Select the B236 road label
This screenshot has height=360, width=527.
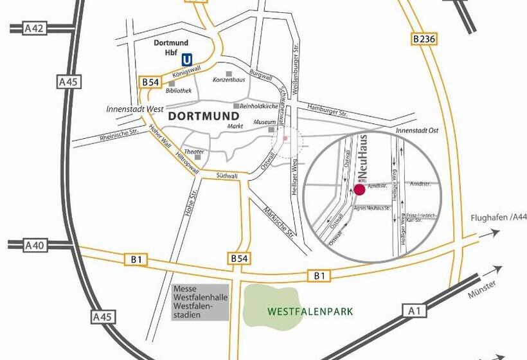pyautogui.click(x=424, y=39)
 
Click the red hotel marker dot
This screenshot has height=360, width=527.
pyautogui.click(x=359, y=189)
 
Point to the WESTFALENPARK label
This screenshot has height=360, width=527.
pyautogui.click(x=310, y=312)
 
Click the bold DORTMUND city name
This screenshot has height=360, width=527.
pyautogui.click(x=202, y=117)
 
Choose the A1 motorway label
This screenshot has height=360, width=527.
pyautogui.click(x=416, y=310)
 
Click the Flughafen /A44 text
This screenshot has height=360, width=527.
pyautogui.click(x=498, y=217)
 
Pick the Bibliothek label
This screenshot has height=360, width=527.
pyautogui.click(x=179, y=91)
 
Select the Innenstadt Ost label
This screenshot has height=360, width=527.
pyautogui.click(x=417, y=130)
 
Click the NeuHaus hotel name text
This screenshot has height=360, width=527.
pyautogui.click(x=363, y=157)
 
